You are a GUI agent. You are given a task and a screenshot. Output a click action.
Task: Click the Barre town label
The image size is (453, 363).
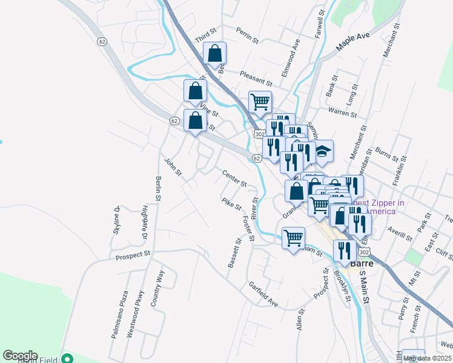pyautogui.click(x=364, y=264)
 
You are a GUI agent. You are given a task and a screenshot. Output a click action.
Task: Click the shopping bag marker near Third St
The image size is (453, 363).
pyautogui.click(x=214, y=54)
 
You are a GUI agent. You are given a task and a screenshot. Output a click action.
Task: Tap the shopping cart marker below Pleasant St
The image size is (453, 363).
pyautogui.click(x=260, y=103)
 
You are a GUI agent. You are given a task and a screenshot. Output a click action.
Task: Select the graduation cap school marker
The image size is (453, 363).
pyautogui.click(x=323, y=152)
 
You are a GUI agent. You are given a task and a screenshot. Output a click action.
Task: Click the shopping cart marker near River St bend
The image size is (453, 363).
pyautogui.click(x=293, y=238)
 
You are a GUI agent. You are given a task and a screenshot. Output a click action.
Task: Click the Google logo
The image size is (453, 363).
pyautogui.click(x=20, y=356)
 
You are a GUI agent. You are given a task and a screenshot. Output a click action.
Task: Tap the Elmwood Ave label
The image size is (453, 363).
pyautogui.click(x=290, y=58)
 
